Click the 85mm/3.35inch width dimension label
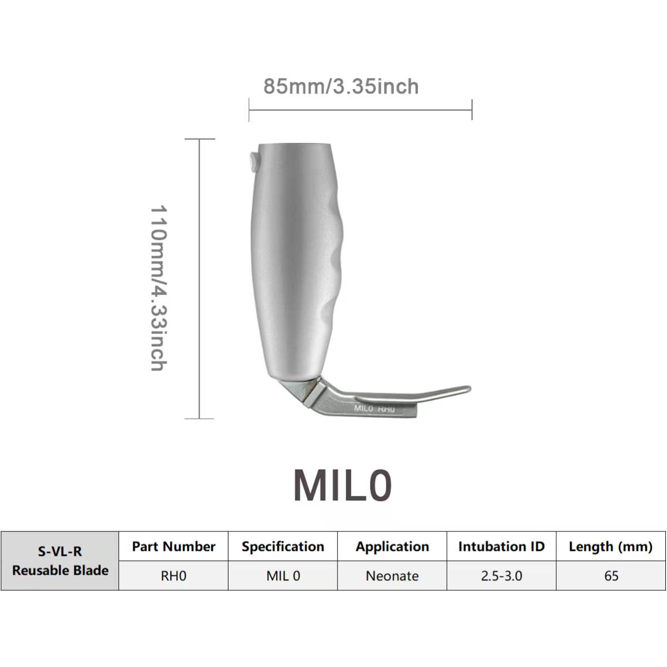coord(341,87)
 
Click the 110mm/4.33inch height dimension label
coord(159,287)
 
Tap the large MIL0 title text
coord(342,485)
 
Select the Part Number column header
coord(173,546)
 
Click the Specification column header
coord(282,546)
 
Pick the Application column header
coord(392,546)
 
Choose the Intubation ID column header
coord(501,546)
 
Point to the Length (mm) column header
coord(610,546)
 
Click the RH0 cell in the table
coord(173,576)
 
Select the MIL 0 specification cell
coord(282,576)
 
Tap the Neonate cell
coord(392,576)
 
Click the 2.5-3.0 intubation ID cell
coord(501,576)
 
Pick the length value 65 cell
coord(610,576)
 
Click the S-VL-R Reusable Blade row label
coord(60,561)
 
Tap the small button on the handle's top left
coord(254,162)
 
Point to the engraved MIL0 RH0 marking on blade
coord(374,409)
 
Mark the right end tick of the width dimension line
coord(472,110)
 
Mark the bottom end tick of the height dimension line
coord(200,418)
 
